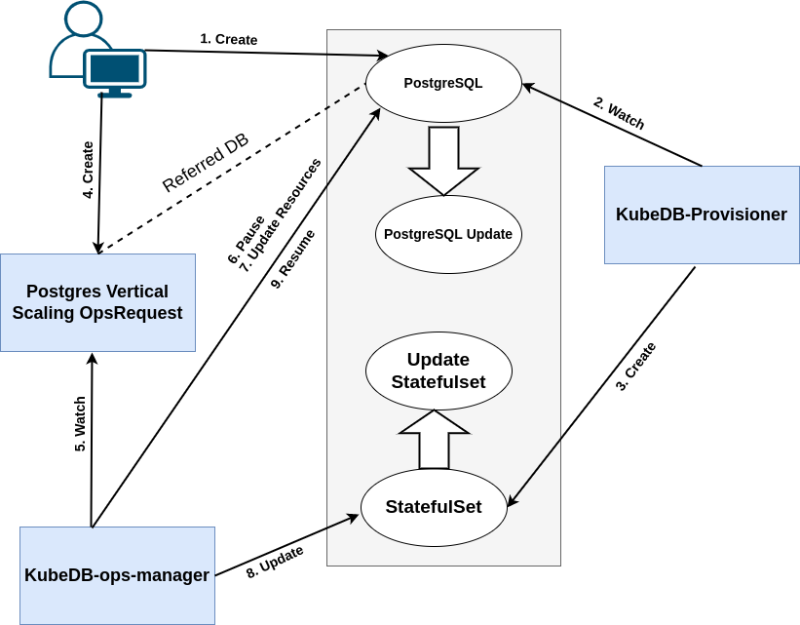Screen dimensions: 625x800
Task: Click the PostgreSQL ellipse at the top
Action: [443, 83]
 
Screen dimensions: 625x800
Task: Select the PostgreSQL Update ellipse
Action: [448, 234]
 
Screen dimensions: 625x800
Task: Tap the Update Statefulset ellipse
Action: [438, 371]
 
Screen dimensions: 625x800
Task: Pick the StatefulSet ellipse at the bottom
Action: [434, 507]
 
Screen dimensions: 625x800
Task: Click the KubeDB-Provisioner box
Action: [702, 215]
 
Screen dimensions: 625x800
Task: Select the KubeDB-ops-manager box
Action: [117, 575]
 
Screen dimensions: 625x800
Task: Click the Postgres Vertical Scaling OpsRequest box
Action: [97, 302]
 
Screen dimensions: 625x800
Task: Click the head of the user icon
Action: [83, 18]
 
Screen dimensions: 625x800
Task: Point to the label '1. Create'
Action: [229, 39]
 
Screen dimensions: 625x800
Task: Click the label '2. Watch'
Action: [620, 114]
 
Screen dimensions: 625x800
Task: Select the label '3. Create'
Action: [635, 367]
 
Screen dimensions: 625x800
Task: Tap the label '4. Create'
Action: [88, 171]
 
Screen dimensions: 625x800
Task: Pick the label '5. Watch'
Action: [81, 423]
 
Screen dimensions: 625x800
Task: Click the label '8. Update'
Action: [275, 563]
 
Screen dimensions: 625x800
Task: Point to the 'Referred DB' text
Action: [205, 163]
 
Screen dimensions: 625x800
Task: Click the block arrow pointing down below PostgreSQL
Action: [443, 159]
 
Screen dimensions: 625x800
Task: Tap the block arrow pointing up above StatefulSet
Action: [435, 439]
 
